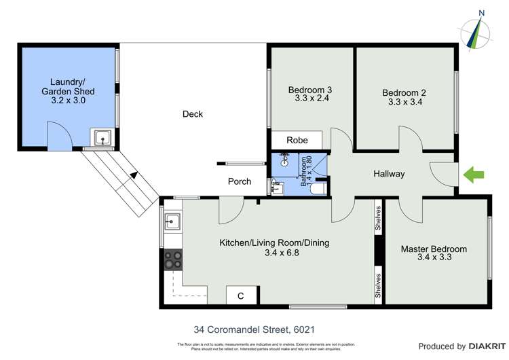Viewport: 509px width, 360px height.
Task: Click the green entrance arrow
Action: click(x=474, y=175)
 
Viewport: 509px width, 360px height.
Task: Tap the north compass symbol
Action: click(x=478, y=31)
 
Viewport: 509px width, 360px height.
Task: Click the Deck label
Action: click(x=193, y=114)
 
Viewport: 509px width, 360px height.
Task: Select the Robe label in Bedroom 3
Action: click(x=297, y=141)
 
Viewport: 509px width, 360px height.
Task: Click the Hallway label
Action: click(x=389, y=174)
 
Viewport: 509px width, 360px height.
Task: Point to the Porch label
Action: click(x=240, y=181)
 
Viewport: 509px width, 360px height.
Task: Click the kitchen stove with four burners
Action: click(x=172, y=259)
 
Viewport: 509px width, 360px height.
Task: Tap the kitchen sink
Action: click(x=172, y=221)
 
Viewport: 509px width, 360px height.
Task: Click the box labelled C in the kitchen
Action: click(x=240, y=295)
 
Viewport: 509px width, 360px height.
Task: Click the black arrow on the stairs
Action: click(x=134, y=175)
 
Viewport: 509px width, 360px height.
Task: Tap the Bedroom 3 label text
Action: click(x=310, y=89)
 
